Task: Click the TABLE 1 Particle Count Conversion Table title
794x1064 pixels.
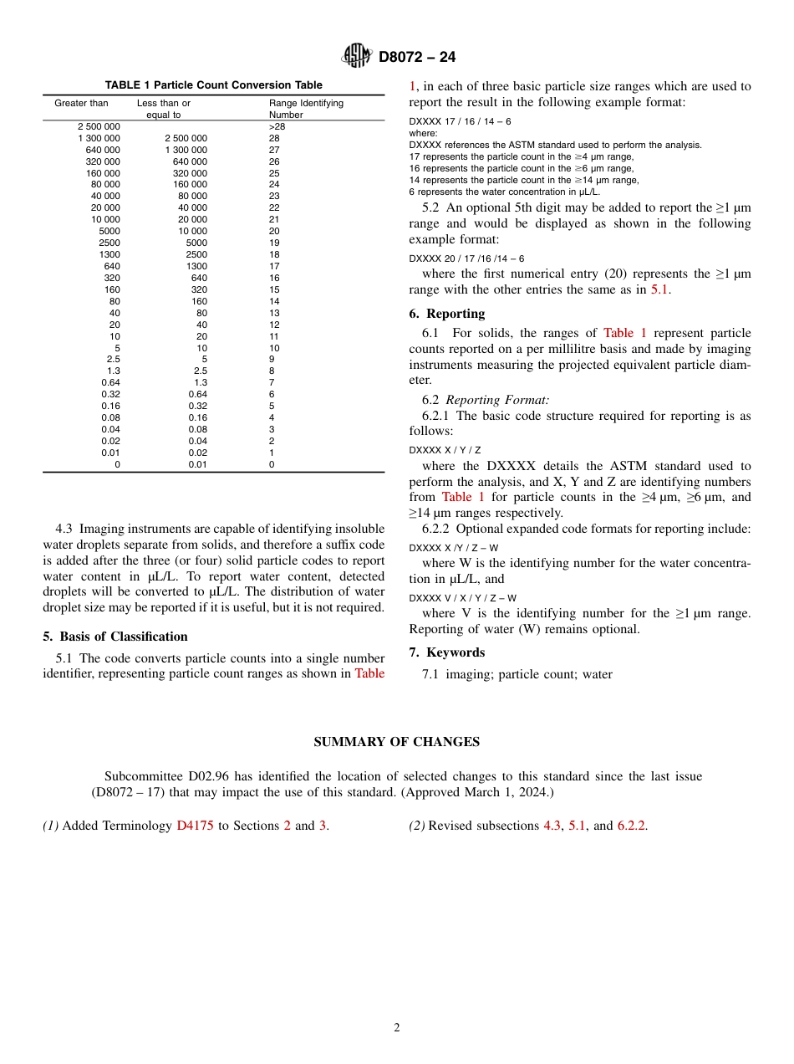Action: point(213,85)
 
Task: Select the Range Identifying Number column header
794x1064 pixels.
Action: point(306,109)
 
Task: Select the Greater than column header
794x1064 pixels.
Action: point(81,104)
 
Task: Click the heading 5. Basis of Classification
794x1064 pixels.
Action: point(115,637)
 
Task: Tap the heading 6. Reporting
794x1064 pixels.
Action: point(447,314)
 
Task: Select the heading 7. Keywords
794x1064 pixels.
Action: point(447,652)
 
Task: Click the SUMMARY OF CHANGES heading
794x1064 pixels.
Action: point(396,742)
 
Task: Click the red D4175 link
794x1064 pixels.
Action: point(195,826)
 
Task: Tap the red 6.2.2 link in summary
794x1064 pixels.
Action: point(631,826)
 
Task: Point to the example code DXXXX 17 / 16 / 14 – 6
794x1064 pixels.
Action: point(460,121)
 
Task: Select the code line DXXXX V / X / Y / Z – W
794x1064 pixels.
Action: point(462,598)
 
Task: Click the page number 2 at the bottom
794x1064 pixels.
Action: point(397,1028)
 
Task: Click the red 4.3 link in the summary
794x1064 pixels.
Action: point(552,826)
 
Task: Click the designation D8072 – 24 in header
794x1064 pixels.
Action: point(416,58)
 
